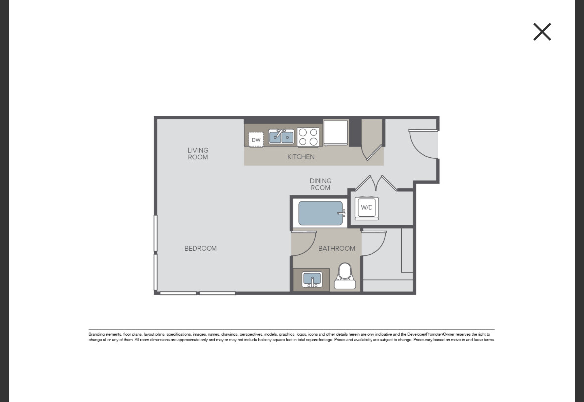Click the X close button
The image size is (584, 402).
542,32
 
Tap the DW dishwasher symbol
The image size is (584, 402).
256,140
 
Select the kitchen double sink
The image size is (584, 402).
281,137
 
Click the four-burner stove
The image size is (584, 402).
308,137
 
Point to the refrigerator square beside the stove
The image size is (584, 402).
336,132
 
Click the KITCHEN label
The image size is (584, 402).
301,157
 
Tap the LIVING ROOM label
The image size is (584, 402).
198,154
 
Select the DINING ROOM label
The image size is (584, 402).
320,184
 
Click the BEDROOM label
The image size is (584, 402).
201,248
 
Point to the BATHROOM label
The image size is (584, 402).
337,248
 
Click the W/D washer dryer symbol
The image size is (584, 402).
367,208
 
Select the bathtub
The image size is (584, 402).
320,213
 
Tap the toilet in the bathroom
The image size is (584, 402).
345,277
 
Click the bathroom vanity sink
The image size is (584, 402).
312,280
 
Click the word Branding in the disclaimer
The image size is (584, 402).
97,334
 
